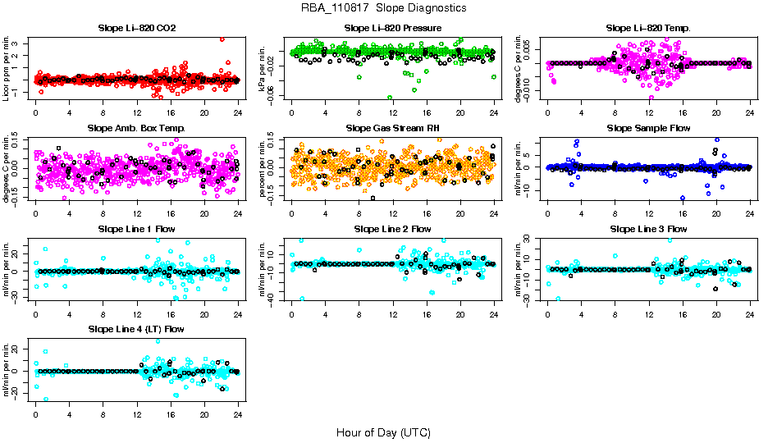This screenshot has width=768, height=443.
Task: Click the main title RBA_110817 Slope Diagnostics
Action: [x=384, y=8]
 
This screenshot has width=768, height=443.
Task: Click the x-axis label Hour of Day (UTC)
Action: [x=383, y=432]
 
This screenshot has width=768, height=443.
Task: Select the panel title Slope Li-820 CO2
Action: [x=136, y=28]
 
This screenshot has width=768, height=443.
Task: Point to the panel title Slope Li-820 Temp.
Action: [x=648, y=28]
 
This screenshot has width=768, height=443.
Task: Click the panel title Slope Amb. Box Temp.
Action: [x=136, y=128]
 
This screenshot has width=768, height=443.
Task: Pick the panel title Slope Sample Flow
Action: [x=648, y=128]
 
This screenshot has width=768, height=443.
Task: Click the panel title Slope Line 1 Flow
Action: [x=136, y=228]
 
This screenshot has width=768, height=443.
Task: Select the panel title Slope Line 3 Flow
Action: [x=648, y=228]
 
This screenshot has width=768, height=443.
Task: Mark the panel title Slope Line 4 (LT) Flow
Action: [x=136, y=329]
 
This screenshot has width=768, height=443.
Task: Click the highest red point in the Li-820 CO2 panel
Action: [x=222, y=39]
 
